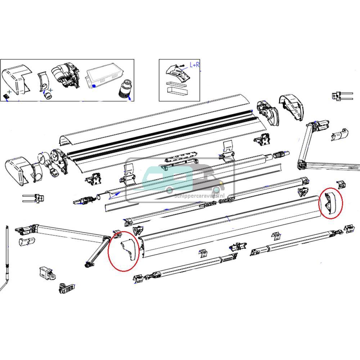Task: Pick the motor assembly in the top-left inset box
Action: [65, 76]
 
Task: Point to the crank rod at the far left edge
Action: [7, 259]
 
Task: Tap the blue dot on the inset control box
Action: [94, 86]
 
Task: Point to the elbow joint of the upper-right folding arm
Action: [302, 165]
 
